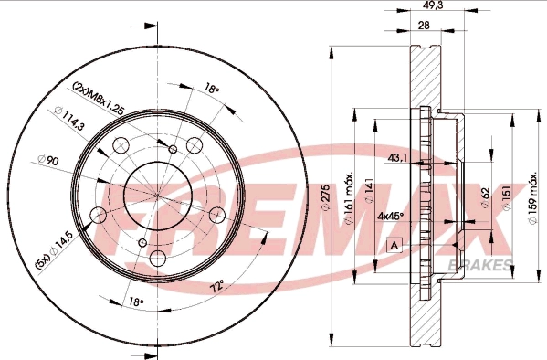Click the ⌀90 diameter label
(x=50, y=160)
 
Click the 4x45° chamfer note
(x=392, y=217)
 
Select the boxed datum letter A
(x=394, y=245)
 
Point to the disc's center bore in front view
(x=158, y=195)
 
